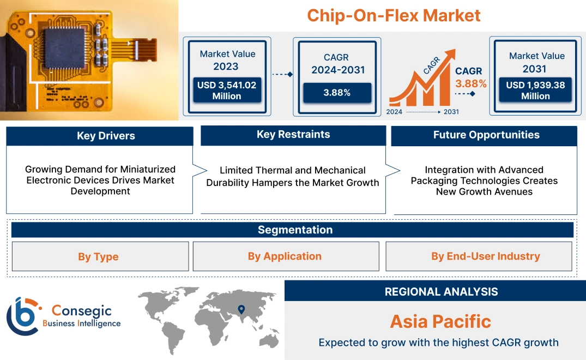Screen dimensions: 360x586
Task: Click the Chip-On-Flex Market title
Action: pos(394,15)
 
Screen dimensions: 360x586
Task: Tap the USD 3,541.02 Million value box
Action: pos(226,91)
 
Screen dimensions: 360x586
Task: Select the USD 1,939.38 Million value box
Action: pos(535,91)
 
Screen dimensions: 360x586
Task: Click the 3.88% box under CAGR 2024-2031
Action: pos(336,93)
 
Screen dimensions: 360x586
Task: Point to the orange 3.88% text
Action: pos(470,84)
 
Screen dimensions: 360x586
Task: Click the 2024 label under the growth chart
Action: pos(395,112)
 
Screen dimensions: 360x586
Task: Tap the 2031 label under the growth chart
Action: pos(451,112)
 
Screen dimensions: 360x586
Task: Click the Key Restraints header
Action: pos(293,135)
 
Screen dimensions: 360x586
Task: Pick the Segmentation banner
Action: pos(295,230)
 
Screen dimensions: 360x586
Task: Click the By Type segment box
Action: pos(98,256)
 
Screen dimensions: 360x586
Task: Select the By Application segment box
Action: pos(285,256)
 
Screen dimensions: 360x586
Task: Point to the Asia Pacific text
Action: pos(440,321)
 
